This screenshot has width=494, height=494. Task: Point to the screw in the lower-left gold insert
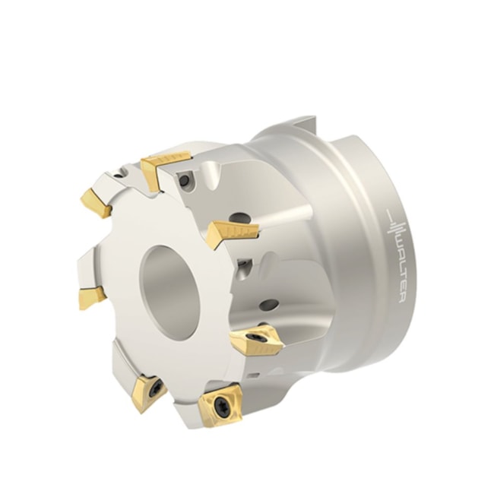coord(154,388)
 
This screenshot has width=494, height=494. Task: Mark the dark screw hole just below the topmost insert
coord(184,181)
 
